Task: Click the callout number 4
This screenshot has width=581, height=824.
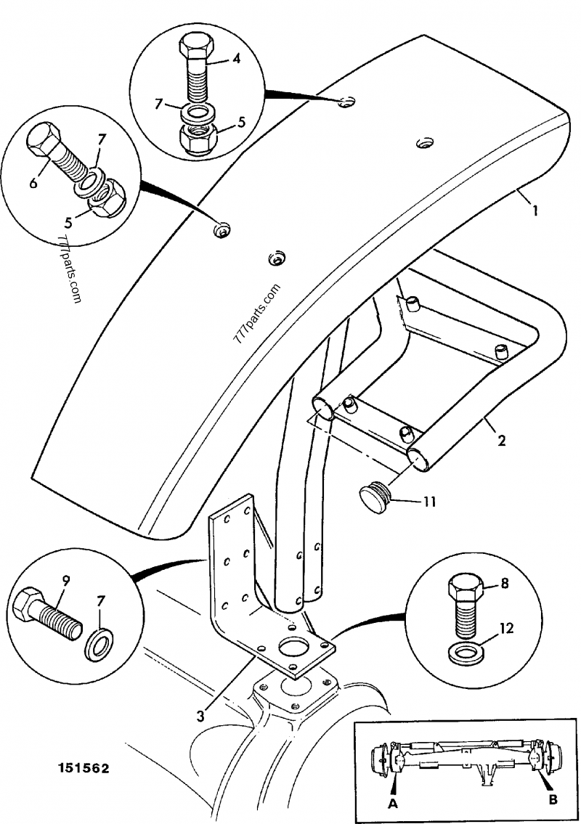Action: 236,60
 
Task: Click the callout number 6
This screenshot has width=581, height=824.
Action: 33,184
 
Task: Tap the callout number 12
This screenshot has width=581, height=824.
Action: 506,629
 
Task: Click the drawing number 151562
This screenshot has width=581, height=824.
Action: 80,768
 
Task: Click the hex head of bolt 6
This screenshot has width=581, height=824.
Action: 45,139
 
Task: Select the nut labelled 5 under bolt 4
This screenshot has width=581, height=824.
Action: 200,136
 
